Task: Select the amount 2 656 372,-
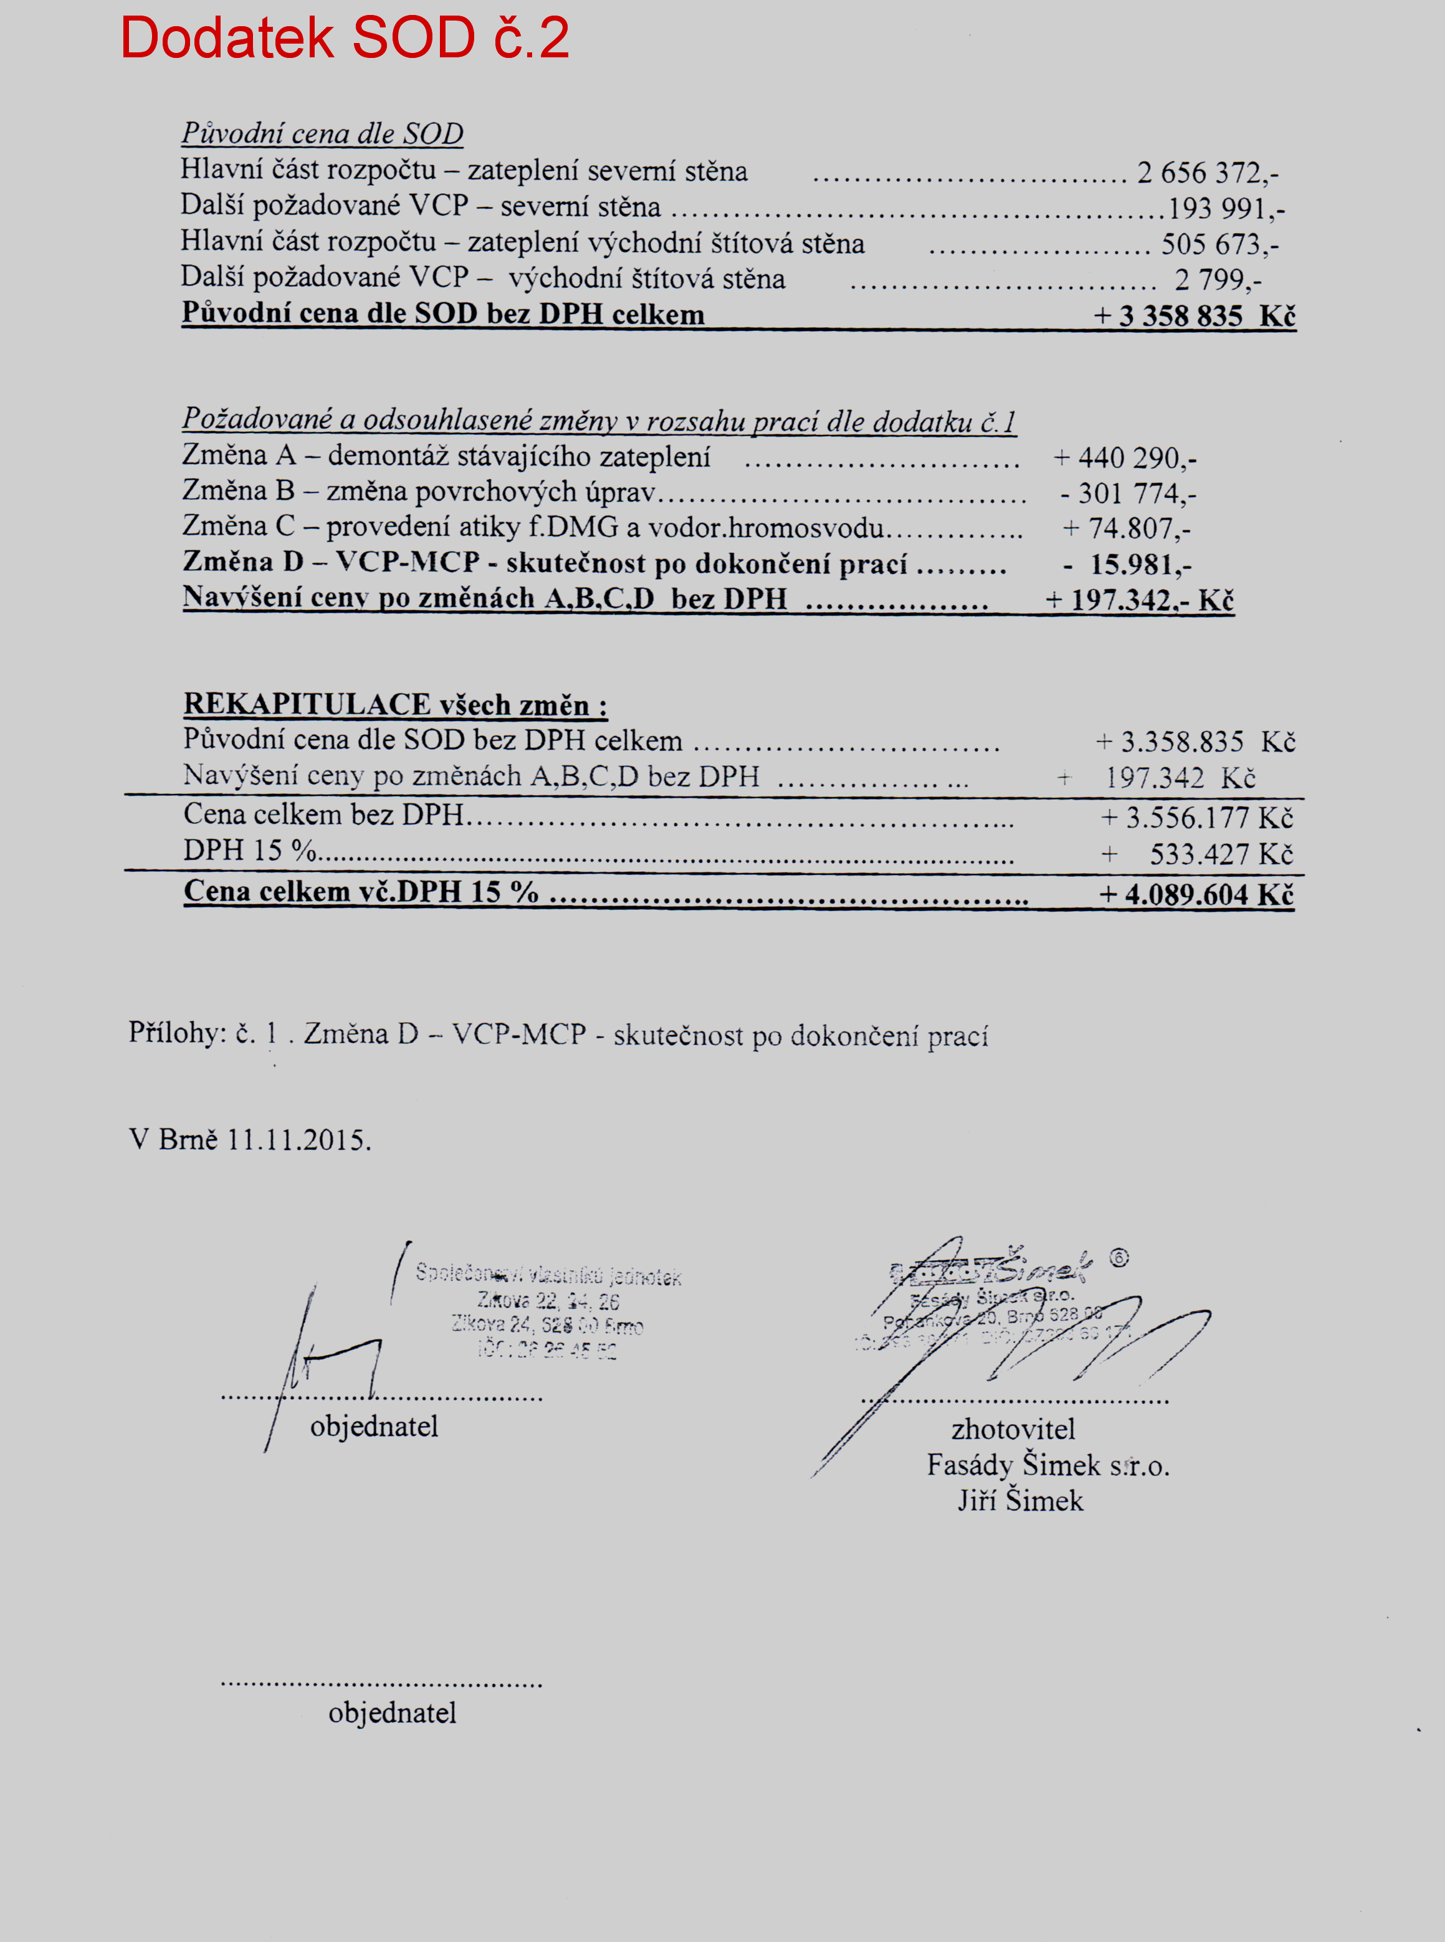point(1207,173)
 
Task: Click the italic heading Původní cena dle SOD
point(322,134)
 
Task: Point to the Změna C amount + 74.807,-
point(1127,529)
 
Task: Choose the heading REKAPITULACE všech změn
point(395,704)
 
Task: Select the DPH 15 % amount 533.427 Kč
point(1220,854)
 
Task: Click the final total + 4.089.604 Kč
point(1196,894)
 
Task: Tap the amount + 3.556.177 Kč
point(1196,818)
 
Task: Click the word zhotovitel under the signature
point(1013,1429)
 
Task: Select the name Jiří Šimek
point(1020,1501)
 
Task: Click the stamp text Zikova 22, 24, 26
point(548,1301)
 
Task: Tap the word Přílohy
point(177,1033)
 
